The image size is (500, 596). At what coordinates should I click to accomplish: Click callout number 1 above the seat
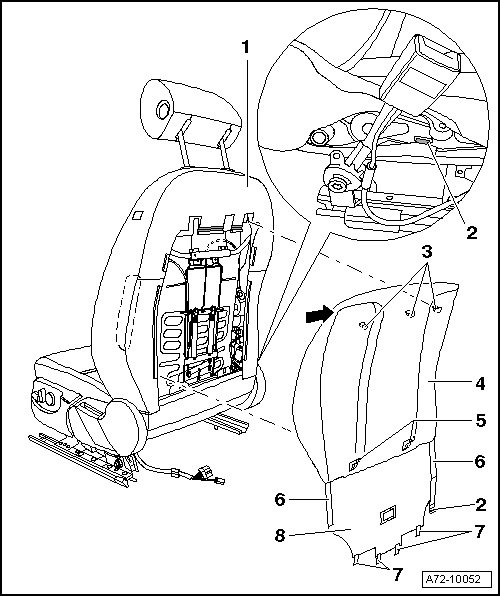[246, 47]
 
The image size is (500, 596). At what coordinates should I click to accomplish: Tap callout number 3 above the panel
[427, 253]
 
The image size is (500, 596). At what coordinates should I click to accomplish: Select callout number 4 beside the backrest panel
[481, 383]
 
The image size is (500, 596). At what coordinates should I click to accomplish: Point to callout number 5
[481, 420]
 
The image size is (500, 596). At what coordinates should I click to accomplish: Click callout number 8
[280, 536]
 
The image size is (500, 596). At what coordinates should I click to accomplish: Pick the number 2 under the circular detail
[471, 232]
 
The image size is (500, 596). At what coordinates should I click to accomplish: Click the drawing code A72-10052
[453, 579]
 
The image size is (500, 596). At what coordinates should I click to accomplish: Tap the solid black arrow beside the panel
[319, 314]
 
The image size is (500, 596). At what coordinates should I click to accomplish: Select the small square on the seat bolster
[138, 215]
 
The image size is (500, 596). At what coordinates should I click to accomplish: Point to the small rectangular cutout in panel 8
[387, 514]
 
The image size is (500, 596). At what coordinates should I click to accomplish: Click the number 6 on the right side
[481, 461]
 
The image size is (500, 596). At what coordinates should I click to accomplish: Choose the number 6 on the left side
[280, 499]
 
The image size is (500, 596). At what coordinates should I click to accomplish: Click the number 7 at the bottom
[398, 574]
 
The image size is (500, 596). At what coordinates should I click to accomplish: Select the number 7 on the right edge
[480, 531]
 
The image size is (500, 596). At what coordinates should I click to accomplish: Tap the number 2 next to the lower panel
[481, 505]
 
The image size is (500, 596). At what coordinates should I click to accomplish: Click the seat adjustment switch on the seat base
[45, 398]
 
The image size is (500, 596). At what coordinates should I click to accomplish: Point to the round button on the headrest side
[164, 110]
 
